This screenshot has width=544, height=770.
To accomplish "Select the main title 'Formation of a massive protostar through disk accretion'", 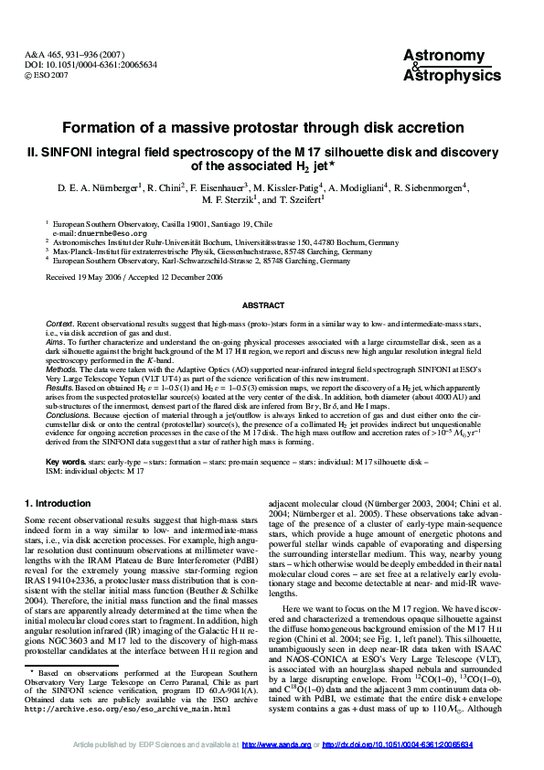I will [272, 128].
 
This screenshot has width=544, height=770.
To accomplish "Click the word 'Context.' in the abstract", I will [60, 326].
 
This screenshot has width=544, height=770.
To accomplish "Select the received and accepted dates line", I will [133, 276].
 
